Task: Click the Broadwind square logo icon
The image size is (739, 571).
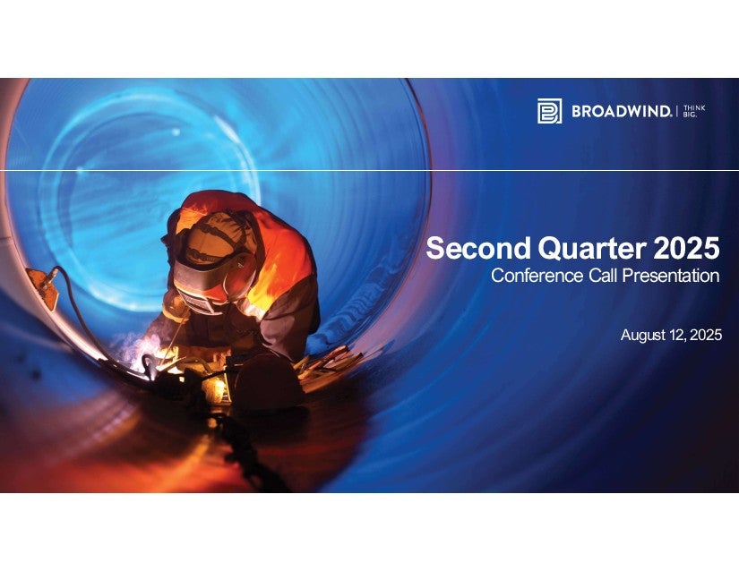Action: click(549, 111)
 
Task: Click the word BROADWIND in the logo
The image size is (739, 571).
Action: click(621, 112)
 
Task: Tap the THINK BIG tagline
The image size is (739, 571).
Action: click(694, 111)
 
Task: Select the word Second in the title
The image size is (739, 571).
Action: click(479, 248)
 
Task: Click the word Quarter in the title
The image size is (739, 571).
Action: click(592, 249)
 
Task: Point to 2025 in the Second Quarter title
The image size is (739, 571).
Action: click(686, 248)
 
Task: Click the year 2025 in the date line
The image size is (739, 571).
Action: click(706, 335)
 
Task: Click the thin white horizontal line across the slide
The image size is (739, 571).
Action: click(369, 170)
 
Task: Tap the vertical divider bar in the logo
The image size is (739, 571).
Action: click(677, 112)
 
